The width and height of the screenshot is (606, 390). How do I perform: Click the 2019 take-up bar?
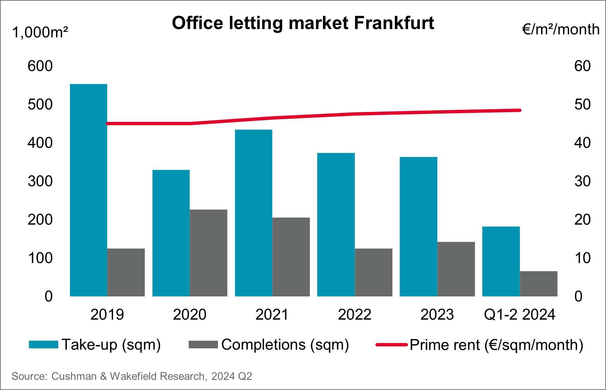[x=88, y=190]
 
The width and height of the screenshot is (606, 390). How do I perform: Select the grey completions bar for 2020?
[x=208, y=253]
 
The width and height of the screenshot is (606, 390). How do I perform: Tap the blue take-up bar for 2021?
[x=253, y=213]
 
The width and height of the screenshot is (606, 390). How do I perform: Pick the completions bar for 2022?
[x=373, y=272]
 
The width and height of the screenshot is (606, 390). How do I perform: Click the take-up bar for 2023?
[x=418, y=226]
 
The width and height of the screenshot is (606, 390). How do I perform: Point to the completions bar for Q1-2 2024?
[x=538, y=283]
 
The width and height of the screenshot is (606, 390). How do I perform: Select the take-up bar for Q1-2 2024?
[x=501, y=261]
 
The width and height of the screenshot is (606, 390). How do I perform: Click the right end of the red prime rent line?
[x=519, y=110]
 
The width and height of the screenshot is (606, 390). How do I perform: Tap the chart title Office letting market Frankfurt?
[x=303, y=23]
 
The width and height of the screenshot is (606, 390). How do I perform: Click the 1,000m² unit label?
[x=40, y=33]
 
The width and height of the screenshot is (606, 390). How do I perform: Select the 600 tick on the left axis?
[x=40, y=66]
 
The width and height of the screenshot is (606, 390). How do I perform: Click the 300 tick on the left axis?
[x=40, y=181]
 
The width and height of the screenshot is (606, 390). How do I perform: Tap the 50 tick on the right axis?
[x=582, y=105]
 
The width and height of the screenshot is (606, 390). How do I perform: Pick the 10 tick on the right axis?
[x=582, y=258]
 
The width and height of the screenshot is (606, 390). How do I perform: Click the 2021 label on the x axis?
[x=272, y=314]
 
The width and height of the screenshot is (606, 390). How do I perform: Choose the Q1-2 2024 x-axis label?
[x=519, y=314]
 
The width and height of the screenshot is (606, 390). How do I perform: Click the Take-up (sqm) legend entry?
[x=95, y=344]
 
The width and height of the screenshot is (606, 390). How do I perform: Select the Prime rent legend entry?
[x=479, y=345]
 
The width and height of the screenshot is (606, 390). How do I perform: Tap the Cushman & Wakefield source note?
[x=132, y=376]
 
